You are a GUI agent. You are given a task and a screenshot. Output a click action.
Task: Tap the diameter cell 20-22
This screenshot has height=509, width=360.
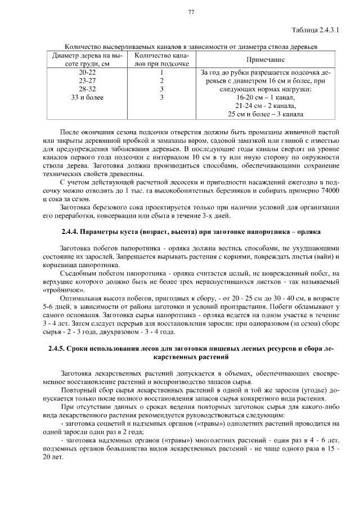[87, 73]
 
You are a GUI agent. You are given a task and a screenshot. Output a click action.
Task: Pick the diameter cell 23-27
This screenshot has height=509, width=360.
[87, 81]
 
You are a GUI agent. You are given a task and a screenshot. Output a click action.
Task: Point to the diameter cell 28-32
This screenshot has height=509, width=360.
[87, 89]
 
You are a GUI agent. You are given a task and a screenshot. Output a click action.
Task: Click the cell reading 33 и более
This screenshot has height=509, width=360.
[87, 97]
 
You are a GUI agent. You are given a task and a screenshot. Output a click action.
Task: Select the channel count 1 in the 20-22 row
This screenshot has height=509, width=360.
[161, 73]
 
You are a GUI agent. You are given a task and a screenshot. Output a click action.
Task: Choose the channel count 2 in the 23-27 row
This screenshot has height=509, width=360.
[161, 81]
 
